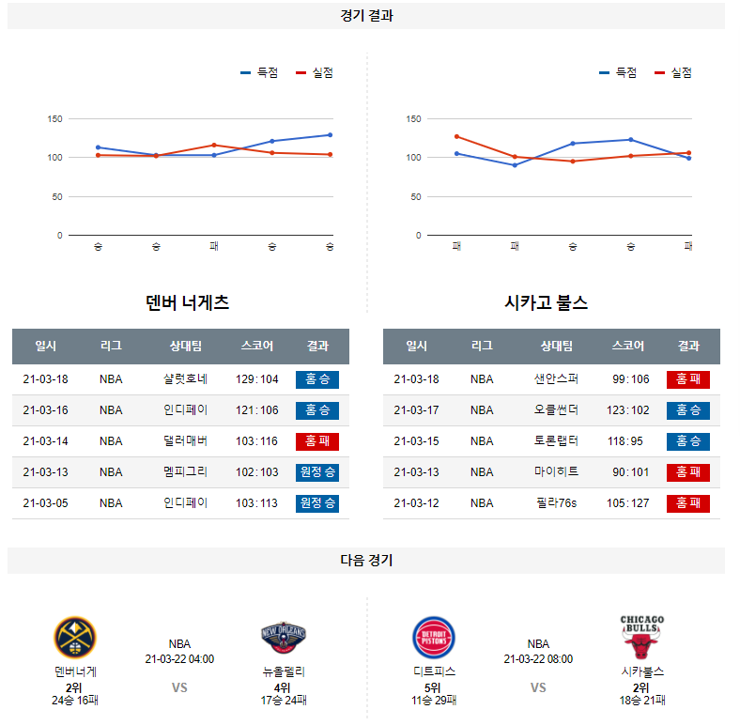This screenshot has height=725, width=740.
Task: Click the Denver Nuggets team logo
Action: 75,639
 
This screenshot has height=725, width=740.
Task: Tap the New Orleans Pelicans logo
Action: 284,639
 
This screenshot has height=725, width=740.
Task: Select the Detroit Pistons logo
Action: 434,639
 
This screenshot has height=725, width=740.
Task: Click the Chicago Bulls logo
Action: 642,637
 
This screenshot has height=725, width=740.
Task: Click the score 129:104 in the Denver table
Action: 257,379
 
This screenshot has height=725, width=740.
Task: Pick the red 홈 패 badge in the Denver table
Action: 317,441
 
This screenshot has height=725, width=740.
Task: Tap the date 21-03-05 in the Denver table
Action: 45,503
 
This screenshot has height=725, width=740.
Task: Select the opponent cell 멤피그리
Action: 185,472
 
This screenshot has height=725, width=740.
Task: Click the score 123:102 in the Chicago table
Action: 628,410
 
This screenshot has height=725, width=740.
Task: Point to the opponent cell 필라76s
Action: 557,503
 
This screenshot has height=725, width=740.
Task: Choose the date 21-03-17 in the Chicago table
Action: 416,410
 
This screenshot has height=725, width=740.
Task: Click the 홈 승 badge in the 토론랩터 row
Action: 688,441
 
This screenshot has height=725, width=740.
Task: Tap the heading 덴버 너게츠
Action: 188,302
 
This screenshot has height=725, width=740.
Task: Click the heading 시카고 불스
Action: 546,302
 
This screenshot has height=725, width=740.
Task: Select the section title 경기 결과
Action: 366,16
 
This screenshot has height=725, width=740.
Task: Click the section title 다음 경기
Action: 366,561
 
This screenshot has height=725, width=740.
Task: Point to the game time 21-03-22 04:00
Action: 179,659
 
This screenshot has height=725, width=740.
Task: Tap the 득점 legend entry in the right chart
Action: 618,73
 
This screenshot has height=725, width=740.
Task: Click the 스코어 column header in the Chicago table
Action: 627,346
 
